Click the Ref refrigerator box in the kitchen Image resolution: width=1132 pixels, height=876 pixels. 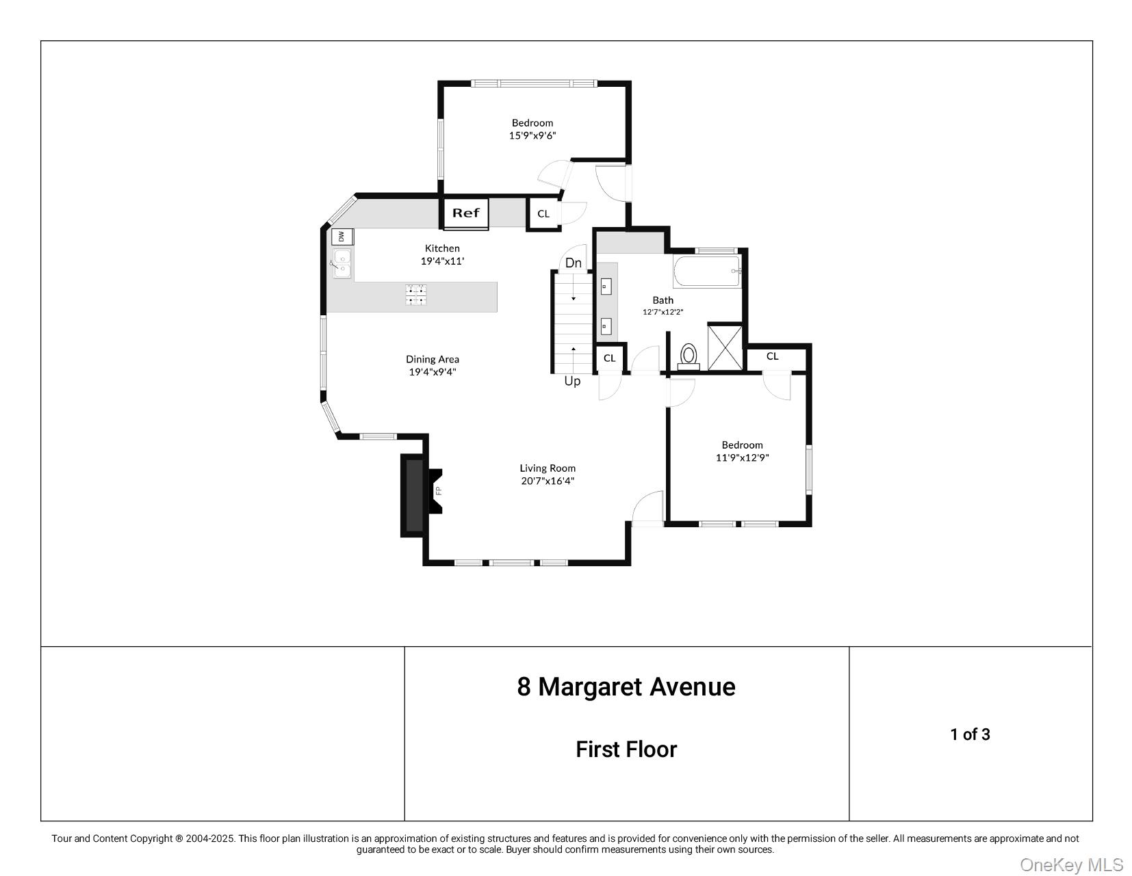[466, 213]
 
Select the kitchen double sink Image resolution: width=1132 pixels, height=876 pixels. [342, 264]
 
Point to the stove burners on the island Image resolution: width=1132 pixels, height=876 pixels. [416, 295]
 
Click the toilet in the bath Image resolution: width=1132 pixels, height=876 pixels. [689, 356]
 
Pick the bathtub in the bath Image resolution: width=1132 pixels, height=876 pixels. [707, 271]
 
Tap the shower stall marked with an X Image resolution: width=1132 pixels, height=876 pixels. [725, 347]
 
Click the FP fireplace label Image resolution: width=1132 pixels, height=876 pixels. [439, 490]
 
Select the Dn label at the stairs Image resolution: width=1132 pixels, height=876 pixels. [574, 263]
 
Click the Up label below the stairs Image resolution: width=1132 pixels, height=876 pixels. [572, 381]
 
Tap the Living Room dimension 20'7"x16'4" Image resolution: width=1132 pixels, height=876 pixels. [548, 481]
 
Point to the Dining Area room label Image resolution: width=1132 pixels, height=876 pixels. [433, 359]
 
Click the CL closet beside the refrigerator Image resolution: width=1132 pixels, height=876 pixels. [543, 213]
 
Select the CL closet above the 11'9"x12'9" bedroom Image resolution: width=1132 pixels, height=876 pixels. [773, 356]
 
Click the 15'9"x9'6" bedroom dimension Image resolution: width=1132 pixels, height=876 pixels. [532, 135]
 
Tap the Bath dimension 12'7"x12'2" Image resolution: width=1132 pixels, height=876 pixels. [663, 312]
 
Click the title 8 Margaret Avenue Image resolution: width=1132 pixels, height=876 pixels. [626, 687]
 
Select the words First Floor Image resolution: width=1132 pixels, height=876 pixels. [626, 749]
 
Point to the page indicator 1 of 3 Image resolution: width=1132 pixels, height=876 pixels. [970, 734]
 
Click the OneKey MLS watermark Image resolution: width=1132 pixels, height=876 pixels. [1071, 864]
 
